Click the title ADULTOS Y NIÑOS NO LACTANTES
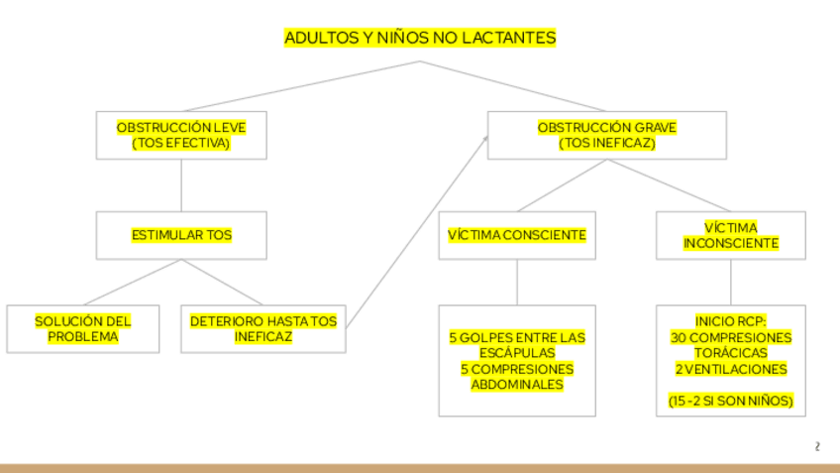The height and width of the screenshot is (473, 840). (420, 38)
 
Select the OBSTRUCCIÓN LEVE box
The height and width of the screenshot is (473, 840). (181, 135)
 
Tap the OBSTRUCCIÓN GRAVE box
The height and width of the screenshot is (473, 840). (606, 135)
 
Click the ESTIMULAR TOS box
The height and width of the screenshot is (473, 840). (181, 235)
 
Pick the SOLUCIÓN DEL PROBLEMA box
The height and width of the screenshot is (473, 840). (82, 329)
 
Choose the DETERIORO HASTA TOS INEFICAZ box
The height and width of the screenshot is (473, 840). (262, 329)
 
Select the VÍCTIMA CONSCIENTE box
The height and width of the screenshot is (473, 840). (517, 235)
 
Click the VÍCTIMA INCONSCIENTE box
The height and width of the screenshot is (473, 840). (731, 235)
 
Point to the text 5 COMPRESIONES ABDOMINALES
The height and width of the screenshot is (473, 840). (517, 377)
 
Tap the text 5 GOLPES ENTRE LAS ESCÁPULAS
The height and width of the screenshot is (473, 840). (517, 345)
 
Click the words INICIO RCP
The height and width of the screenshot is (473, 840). (731, 321)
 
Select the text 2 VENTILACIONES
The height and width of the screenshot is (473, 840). (731, 369)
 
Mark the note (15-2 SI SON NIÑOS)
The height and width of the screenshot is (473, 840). (731, 402)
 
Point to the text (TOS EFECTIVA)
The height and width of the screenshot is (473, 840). (181, 143)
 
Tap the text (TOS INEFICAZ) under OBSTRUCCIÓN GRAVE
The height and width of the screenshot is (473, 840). (606, 143)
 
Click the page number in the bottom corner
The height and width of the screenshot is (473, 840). (817, 447)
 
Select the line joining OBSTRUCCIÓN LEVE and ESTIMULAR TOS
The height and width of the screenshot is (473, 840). (181, 185)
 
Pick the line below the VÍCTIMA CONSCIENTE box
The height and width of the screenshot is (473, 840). (517, 283)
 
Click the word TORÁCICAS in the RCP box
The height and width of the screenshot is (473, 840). (731, 353)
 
